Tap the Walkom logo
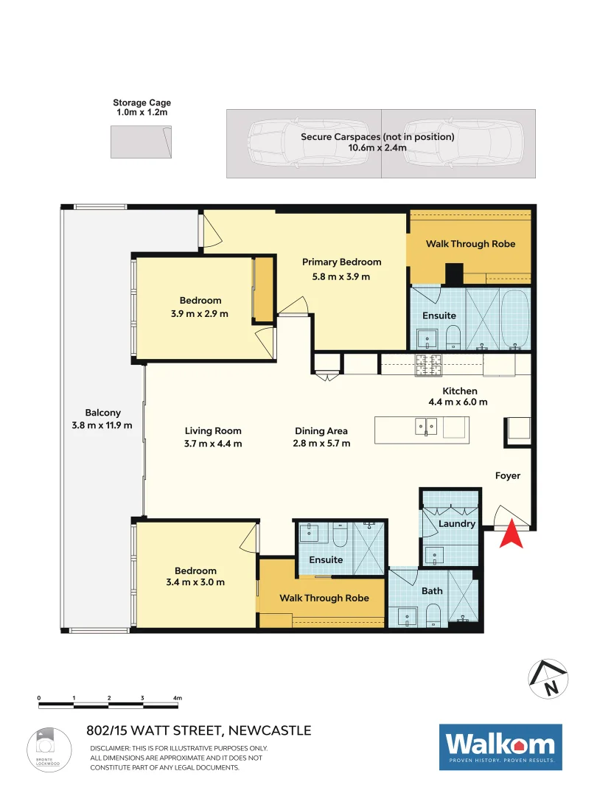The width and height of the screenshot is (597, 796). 500,747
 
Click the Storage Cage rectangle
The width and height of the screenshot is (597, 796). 141,141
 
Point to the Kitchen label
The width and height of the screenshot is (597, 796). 459,391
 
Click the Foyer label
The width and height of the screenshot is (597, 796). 507,476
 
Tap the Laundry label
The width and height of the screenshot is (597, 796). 456,524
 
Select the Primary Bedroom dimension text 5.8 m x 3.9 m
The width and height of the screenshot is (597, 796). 341,276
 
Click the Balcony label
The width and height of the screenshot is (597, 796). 102,413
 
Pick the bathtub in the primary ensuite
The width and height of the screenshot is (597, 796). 514,318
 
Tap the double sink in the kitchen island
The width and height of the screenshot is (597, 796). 426,426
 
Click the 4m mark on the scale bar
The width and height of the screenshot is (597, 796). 177,697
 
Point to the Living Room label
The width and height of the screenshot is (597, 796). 213,431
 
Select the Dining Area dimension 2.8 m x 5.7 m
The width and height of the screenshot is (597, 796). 321,444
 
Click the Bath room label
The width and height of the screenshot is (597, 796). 432,590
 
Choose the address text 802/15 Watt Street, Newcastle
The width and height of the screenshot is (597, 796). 199,731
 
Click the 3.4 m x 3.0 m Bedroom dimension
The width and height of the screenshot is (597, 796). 195,582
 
